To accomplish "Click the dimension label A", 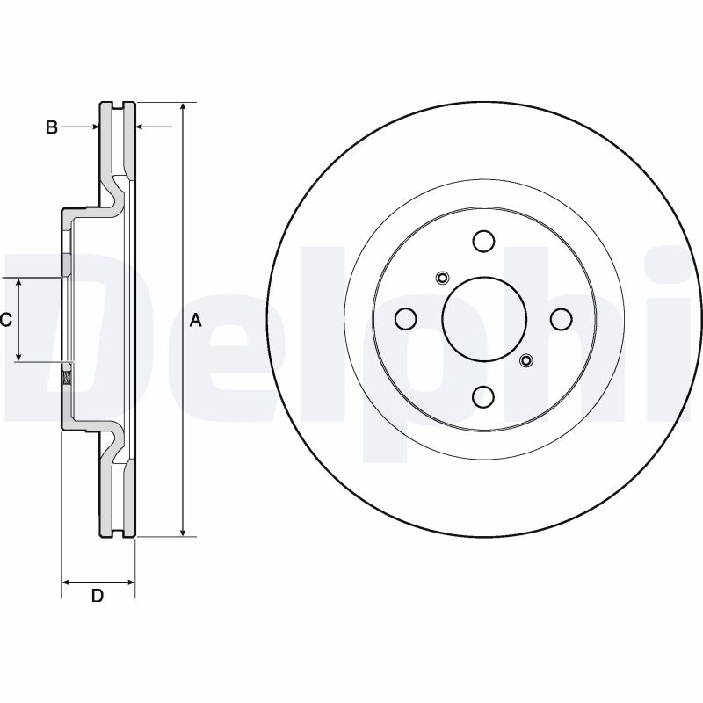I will click(196, 321).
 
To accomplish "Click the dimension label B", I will click(52, 128).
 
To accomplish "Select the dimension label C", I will click(5, 320).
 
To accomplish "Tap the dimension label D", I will click(98, 597).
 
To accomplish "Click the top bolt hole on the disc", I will click(482, 241).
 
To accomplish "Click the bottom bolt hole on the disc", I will click(482, 398).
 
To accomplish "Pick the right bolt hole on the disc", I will click(561, 319).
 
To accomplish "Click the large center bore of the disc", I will click(482, 319).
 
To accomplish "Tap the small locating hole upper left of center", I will click(442, 279).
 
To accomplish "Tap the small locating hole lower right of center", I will click(525, 359).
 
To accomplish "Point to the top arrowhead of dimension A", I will click(183, 108).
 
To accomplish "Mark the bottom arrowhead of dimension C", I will click(19, 356).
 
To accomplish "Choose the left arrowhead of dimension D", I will click(67, 582).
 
